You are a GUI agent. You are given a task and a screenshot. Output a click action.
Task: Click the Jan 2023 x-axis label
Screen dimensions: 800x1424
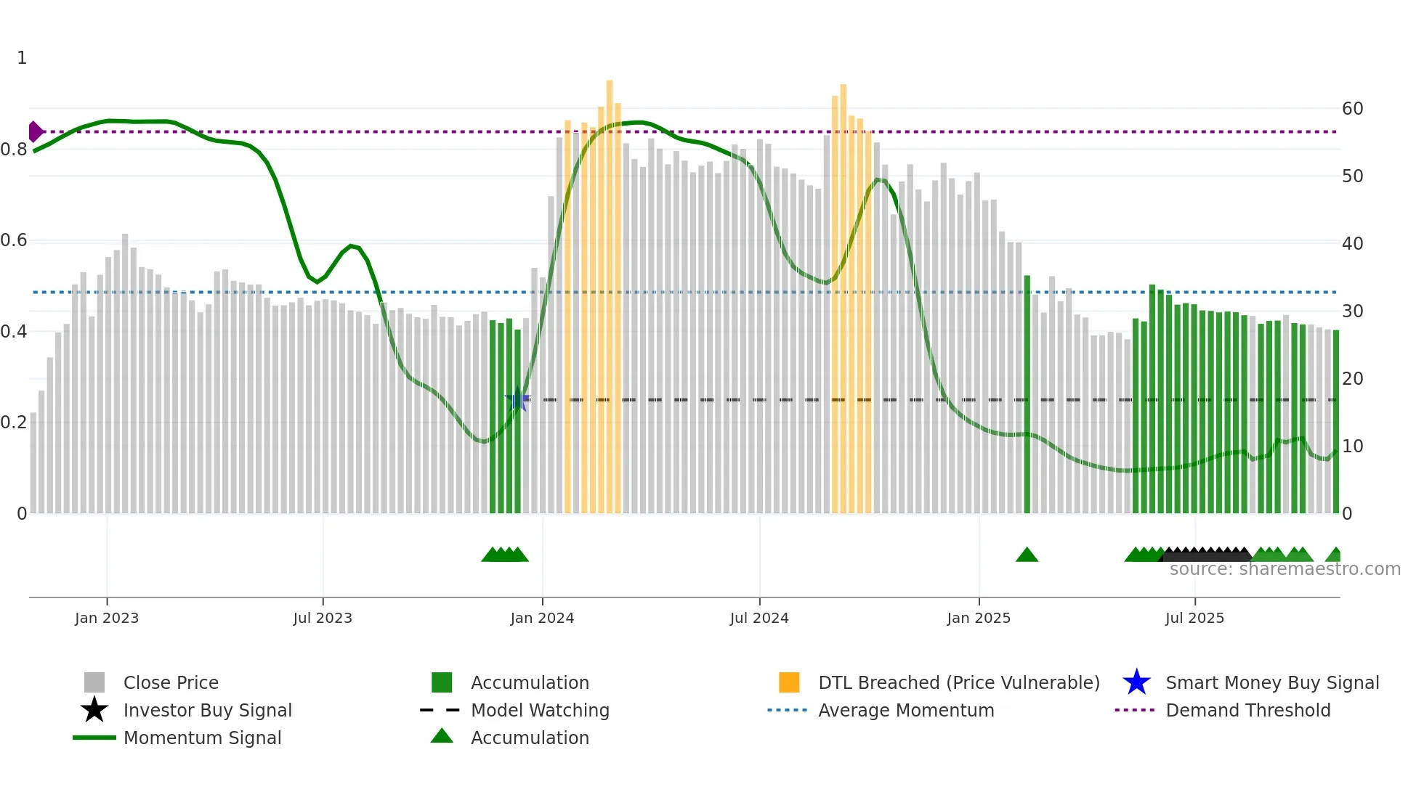point(106,618)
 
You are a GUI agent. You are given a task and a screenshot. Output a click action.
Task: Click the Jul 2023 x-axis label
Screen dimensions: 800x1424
point(323,618)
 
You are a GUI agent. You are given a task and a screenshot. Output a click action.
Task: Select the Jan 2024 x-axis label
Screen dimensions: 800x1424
point(542,618)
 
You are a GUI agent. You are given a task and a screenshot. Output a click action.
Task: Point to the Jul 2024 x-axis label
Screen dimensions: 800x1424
point(759,618)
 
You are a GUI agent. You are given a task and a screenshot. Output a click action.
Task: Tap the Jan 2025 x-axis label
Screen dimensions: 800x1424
point(979,618)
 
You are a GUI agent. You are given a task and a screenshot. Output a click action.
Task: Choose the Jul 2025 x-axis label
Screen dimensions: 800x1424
point(1194,618)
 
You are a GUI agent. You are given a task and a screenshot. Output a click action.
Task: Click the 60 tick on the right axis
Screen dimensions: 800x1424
point(1352,109)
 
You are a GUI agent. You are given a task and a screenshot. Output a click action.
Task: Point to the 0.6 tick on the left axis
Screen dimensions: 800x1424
point(14,240)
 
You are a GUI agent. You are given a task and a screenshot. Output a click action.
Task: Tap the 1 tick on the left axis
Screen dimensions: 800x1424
point(22,58)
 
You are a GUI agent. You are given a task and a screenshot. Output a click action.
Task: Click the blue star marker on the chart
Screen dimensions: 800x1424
point(517,399)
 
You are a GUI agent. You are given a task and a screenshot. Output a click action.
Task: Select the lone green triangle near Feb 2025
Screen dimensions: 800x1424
point(1027,555)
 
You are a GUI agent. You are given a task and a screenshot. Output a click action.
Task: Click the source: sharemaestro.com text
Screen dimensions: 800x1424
point(1285,569)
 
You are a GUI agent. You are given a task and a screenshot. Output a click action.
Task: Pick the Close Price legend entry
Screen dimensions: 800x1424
point(171,682)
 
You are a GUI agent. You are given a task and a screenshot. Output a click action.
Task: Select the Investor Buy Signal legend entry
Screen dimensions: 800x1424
point(207,710)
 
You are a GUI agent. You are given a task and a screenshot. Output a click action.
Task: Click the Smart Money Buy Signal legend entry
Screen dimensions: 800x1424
point(1271,682)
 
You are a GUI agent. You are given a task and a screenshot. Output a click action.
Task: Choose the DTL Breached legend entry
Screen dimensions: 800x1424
point(958,682)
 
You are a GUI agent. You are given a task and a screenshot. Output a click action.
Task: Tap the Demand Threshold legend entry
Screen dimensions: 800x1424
point(1247,710)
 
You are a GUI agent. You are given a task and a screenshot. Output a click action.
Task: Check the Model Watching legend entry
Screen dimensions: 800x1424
point(540,710)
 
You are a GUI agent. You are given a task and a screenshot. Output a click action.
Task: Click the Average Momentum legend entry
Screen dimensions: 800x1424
point(906,710)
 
